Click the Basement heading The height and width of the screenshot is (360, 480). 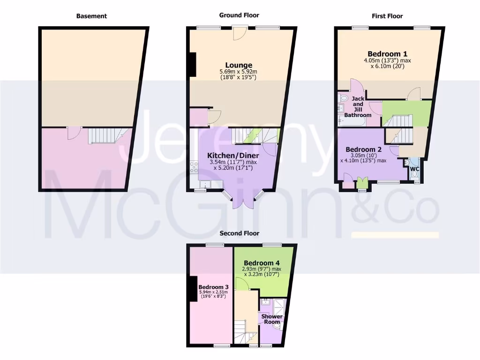click(x=91, y=16)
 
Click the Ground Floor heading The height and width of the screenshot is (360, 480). click(x=239, y=15)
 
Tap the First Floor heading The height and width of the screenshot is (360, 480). click(x=387, y=16)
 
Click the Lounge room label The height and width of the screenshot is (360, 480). click(x=239, y=65)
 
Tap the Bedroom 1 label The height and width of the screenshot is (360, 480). click(x=387, y=53)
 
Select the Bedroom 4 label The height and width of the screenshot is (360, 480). click(x=262, y=262)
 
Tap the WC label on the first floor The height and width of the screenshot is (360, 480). click(x=414, y=169)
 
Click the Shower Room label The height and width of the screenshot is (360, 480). click(x=272, y=319)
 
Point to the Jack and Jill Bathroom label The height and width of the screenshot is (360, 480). click(x=358, y=106)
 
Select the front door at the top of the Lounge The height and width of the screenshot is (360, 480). click(x=239, y=33)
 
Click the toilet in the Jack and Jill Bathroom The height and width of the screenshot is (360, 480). click(x=343, y=98)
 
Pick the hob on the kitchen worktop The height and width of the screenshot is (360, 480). click(x=194, y=166)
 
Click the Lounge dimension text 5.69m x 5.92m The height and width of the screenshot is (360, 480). click(x=239, y=72)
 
